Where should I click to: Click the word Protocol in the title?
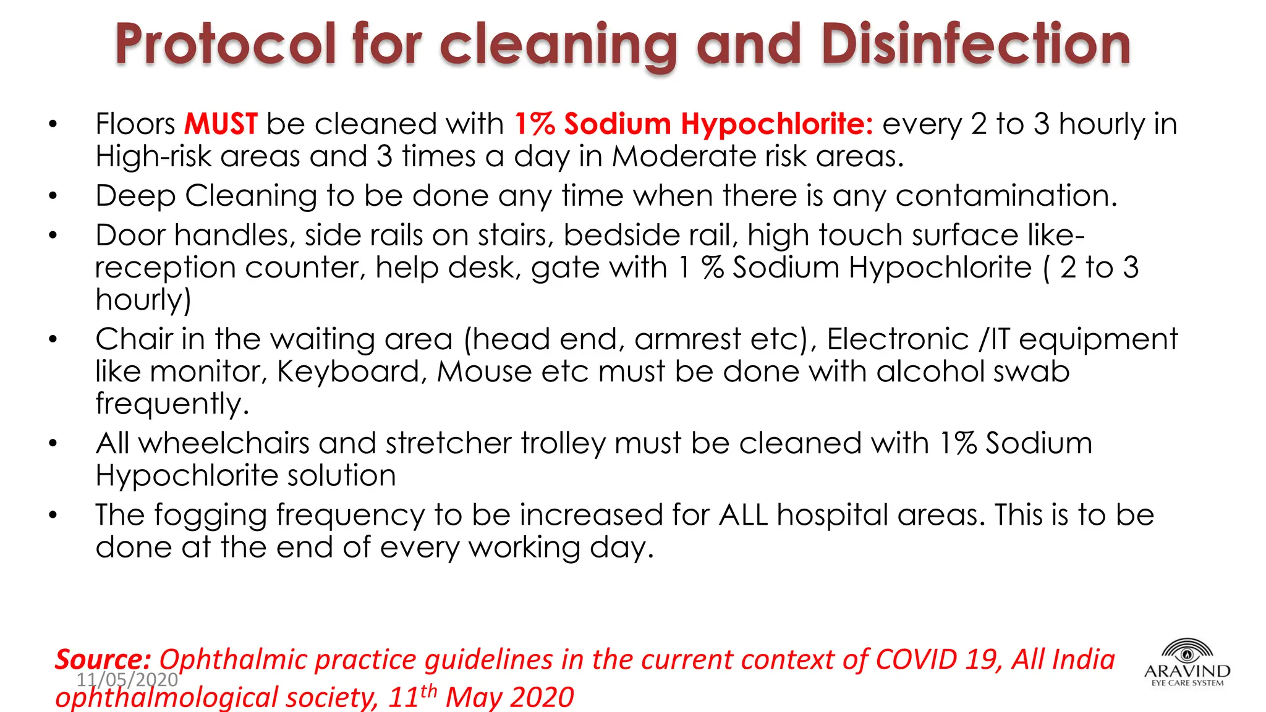226,44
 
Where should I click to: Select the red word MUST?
221,124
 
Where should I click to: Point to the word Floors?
135,124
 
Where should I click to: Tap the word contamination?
1006,197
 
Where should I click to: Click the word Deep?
135,197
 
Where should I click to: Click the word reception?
165,269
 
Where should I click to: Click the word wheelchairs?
224,444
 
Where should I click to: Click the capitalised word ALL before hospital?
743,515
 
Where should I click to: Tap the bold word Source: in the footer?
103,659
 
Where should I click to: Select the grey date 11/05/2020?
127,680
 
